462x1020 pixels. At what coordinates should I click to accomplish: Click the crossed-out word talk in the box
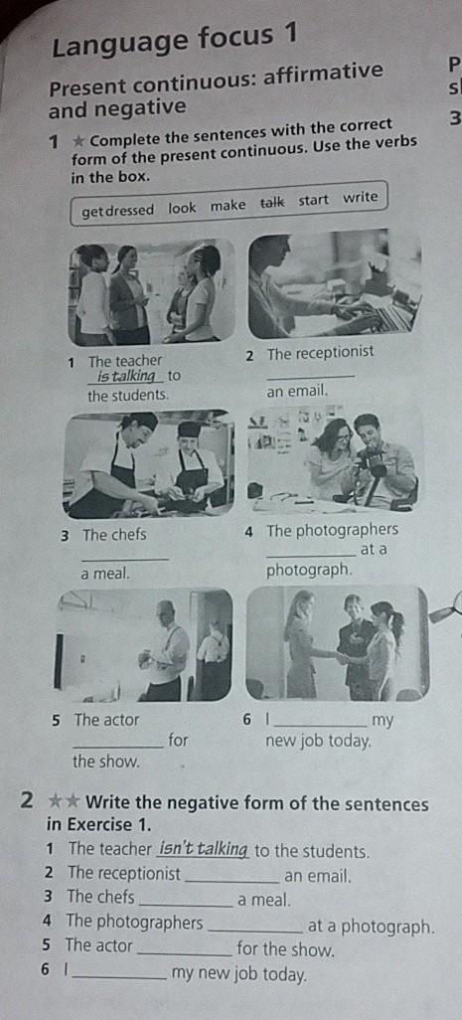(x=271, y=203)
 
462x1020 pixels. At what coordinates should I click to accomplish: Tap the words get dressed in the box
(x=117, y=210)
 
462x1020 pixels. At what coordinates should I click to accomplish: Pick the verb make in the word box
(x=228, y=206)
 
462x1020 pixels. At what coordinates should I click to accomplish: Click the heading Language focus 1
(x=174, y=39)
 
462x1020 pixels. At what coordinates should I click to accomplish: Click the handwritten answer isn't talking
(x=204, y=850)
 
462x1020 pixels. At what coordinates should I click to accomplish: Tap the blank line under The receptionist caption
(x=311, y=377)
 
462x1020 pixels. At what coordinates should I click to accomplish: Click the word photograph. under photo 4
(x=310, y=572)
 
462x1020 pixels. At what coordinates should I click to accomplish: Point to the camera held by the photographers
(x=373, y=458)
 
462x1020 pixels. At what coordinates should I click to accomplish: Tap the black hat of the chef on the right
(x=190, y=429)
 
